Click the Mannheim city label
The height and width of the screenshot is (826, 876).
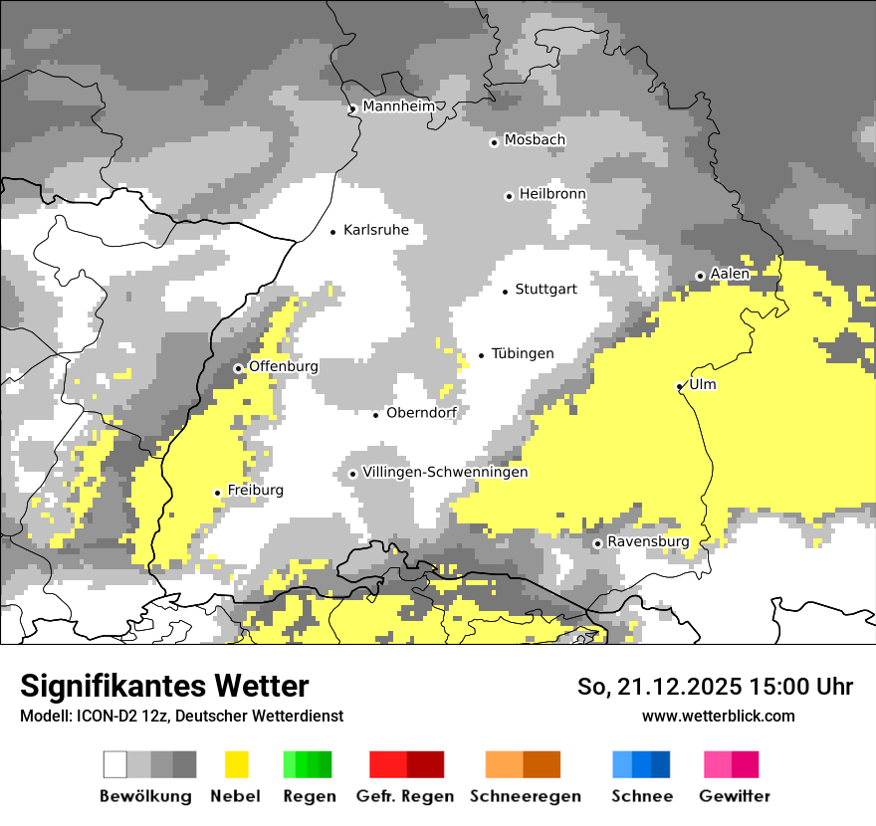point(399,106)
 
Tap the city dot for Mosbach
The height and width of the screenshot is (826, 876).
point(494,142)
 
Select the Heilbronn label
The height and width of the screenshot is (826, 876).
point(552,194)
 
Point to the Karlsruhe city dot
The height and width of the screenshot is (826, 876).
point(333,232)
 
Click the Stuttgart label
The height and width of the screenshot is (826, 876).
point(546,290)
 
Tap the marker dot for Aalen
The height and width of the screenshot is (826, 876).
point(700,276)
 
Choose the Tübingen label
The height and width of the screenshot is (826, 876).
point(523,354)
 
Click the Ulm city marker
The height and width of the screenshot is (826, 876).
point(680,386)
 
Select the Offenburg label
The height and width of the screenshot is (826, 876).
point(283,366)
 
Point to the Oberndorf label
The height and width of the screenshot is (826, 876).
point(421,413)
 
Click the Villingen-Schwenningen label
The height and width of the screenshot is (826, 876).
point(445,472)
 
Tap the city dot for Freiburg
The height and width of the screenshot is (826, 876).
point(217,493)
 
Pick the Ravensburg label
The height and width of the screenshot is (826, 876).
point(648,542)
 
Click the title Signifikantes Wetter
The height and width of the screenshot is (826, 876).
point(164,687)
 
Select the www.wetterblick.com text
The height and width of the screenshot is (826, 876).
point(718,716)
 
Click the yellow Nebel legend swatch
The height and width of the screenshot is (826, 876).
point(237,764)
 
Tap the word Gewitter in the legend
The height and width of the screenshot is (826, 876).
point(735,796)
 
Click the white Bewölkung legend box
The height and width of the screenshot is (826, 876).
point(115,764)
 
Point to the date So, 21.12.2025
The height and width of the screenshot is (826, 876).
point(657,687)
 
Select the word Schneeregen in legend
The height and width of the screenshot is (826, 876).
point(525,796)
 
